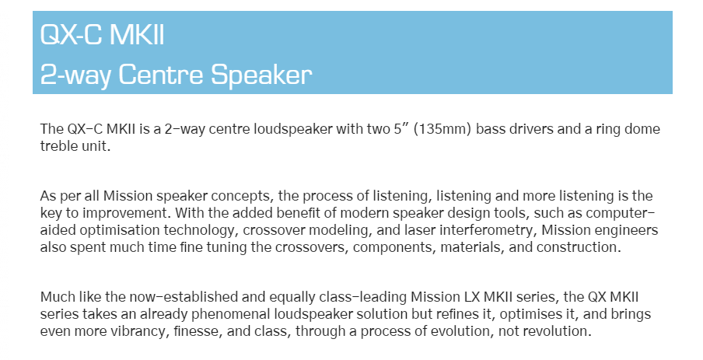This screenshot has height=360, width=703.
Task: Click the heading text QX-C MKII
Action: [x=102, y=34]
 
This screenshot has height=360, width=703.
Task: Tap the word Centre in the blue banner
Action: [x=162, y=74]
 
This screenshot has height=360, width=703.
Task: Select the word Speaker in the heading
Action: [x=261, y=75]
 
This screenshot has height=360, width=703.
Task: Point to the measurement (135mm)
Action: [x=442, y=129]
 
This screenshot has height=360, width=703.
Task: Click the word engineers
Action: [x=624, y=230]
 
